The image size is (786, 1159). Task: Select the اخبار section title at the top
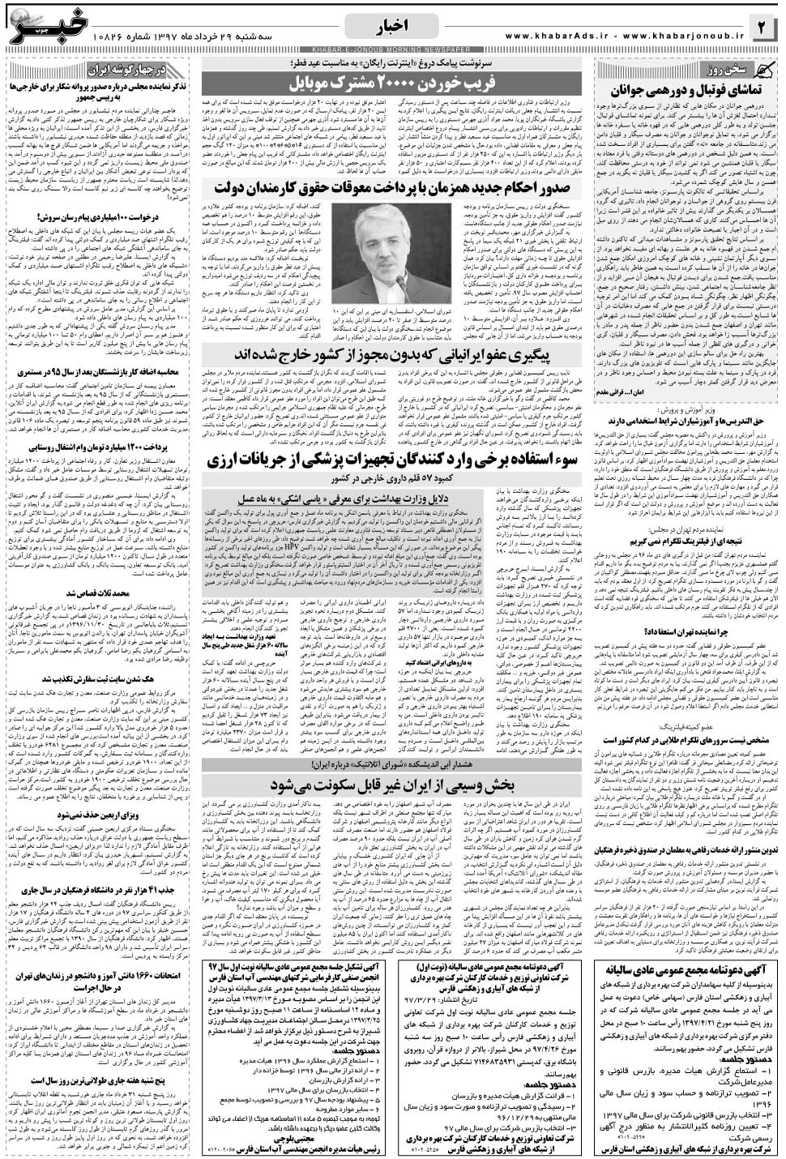point(393,24)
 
